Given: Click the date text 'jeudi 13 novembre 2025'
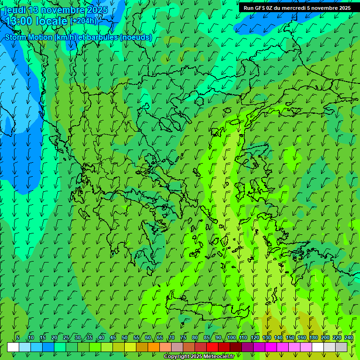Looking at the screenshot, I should click(x=56, y=10).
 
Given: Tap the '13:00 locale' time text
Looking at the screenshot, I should click(x=37, y=21).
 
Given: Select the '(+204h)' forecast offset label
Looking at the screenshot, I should click(x=84, y=21).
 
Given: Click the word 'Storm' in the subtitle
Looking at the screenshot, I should click(x=15, y=37).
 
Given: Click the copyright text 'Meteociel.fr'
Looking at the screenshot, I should click(x=219, y=357).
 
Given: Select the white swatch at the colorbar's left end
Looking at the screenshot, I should click(x=13, y=347).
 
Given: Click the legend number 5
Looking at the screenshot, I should click(x=18, y=337).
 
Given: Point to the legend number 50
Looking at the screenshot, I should click(x=125, y=337).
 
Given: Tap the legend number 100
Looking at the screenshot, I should click(x=232, y=337).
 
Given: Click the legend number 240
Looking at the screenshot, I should click(x=348, y=337).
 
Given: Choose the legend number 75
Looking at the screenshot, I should click(x=183, y=337).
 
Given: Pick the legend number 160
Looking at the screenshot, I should click(x=302, y=337).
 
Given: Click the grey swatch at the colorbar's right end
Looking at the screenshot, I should click(x=341, y=347).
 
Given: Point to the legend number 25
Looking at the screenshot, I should click(x=66, y=337).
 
